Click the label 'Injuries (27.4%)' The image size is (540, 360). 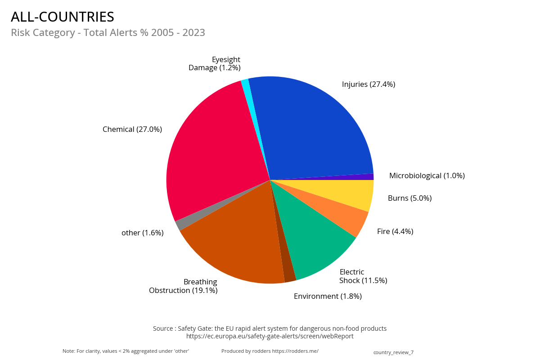point(368,84)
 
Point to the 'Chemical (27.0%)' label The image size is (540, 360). point(132,129)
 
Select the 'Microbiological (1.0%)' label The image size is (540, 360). point(427,175)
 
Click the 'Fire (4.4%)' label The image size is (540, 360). point(395,231)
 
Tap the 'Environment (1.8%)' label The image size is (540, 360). point(328,296)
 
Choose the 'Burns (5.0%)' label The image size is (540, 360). point(409,198)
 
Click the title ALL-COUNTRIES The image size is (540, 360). point(63,17)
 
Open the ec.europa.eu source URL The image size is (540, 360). point(270,336)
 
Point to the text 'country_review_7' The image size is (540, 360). point(393,352)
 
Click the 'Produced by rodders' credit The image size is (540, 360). point(270,351)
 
